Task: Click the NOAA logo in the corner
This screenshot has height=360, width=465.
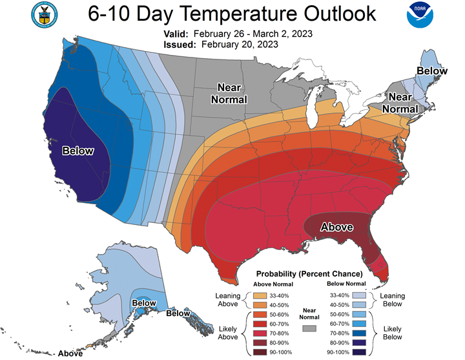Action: (x=420, y=15)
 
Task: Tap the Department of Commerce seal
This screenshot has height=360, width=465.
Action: (x=44, y=15)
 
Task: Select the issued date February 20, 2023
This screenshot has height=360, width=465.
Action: (x=240, y=45)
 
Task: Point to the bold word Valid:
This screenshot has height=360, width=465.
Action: (x=176, y=34)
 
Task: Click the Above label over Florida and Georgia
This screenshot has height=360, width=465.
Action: (x=337, y=227)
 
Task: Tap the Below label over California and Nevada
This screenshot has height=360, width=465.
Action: (x=77, y=151)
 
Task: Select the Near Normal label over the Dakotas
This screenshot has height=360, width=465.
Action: (x=229, y=94)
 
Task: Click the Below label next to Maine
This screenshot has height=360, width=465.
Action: (x=432, y=71)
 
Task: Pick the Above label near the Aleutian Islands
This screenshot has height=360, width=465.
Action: (x=70, y=354)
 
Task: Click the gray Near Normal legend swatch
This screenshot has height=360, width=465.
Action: (x=309, y=328)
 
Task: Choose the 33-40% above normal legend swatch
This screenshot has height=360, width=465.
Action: (x=260, y=295)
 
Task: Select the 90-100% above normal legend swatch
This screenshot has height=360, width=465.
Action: (x=260, y=352)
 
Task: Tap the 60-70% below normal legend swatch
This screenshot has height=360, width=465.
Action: (x=359, y=324)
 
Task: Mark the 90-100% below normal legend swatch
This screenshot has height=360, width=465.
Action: (x=359, y=352)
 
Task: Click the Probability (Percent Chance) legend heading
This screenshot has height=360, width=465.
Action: (x=309, y=273)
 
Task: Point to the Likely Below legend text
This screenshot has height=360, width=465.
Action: (x=393, y=333)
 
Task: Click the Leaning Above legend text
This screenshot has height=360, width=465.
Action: (x=228, y=300)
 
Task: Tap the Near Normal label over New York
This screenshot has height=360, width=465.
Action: (x=400, y=103)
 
